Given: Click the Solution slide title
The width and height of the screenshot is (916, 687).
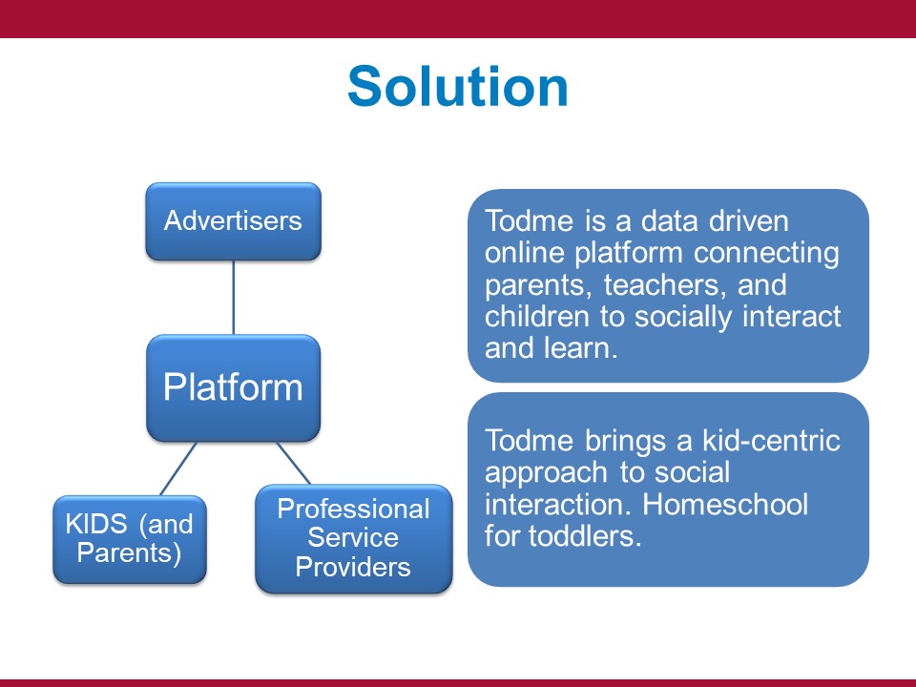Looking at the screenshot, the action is coord(457,87).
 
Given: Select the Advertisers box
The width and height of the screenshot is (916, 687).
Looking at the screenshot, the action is coord(233,221).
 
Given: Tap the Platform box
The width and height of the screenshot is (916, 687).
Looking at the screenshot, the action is coord(233,388).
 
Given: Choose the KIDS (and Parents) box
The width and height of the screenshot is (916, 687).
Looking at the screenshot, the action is coord(130,539).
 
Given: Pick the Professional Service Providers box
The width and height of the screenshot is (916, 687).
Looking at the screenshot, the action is coord(353,538).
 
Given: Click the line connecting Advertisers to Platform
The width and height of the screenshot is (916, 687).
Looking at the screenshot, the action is coord(234,298).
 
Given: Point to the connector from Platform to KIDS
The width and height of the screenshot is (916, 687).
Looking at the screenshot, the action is coord(178,468).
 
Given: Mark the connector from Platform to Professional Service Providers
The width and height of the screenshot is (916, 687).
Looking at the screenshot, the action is coord(293,463).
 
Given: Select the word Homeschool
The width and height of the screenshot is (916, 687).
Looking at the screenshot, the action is coord(725,504).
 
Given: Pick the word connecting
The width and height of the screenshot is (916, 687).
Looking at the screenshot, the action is coord(766,254).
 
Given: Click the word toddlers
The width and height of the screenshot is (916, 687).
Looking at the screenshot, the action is coord(585,536).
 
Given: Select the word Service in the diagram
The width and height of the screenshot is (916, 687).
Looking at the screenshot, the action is coord(353,537).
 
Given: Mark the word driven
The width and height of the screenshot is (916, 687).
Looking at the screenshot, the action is coord(748,220).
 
